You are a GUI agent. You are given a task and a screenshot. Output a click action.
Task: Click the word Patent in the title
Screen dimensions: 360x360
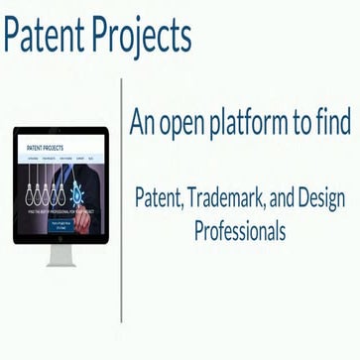(x=46, y=36)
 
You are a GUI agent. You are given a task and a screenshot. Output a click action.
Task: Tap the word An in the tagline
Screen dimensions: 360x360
(x=144, y=121)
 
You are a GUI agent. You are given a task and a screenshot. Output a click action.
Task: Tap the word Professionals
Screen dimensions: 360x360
(x=239, y=232)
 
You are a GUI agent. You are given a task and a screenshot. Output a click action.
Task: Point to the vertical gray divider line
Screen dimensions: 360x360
(x=122, y=198)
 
